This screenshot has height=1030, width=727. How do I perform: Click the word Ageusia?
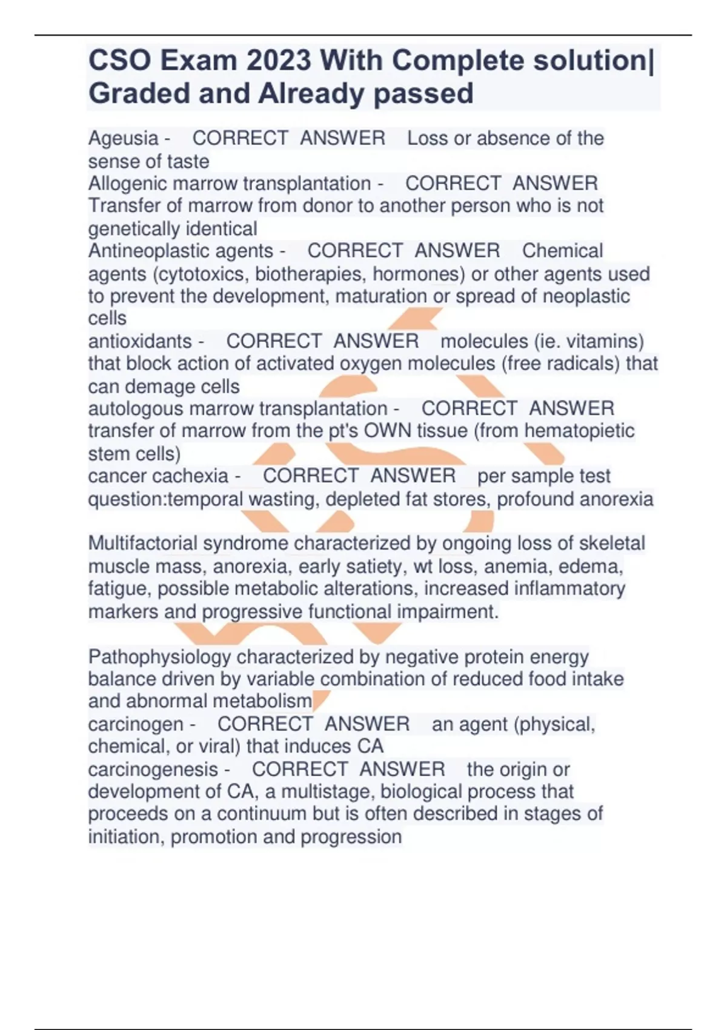[x=123, y=139]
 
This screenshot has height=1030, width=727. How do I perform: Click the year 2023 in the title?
[x=279, y=61]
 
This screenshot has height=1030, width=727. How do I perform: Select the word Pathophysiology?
[x=159, y=657]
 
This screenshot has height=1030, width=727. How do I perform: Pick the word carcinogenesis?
[x=153, y=769]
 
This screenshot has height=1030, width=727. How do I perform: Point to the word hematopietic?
[x=579, y=431]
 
